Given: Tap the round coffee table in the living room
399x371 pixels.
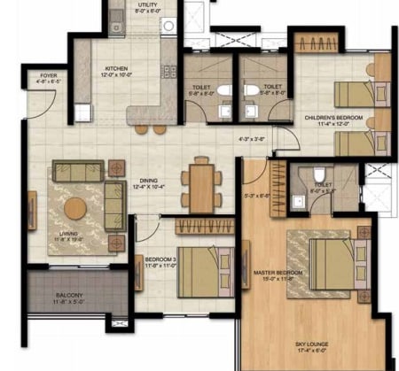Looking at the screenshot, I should point(76,209).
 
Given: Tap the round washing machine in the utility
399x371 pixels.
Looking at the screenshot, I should point(167,26).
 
